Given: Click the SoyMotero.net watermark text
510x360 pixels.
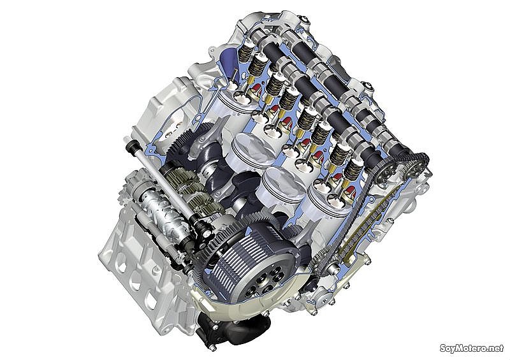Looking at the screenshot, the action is coord(472,348).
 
